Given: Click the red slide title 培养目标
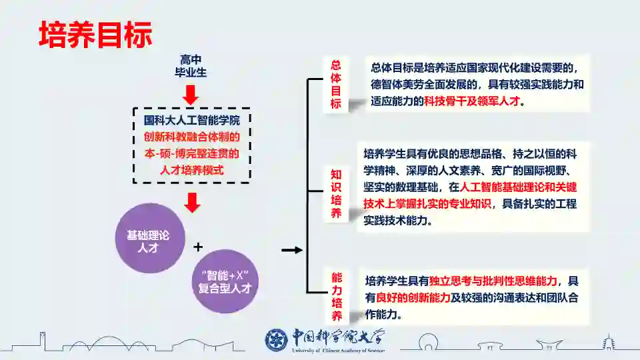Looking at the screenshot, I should pos(95,34).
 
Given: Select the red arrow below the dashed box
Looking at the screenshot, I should pos(192,201).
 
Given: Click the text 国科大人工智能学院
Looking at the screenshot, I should pos(192,121).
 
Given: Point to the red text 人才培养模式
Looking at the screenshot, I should pos(192,170).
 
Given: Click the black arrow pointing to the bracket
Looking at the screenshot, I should pos(291,251).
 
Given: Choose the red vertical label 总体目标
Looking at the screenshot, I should pos(336,84).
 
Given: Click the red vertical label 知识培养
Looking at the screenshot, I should pos(336,193).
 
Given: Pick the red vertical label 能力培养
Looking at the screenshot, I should pos(337,296).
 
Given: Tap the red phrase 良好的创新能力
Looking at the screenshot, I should pos(413,297).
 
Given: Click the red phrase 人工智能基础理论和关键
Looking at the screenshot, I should pos(519,187).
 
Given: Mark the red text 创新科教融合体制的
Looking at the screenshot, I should pos(192,137).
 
